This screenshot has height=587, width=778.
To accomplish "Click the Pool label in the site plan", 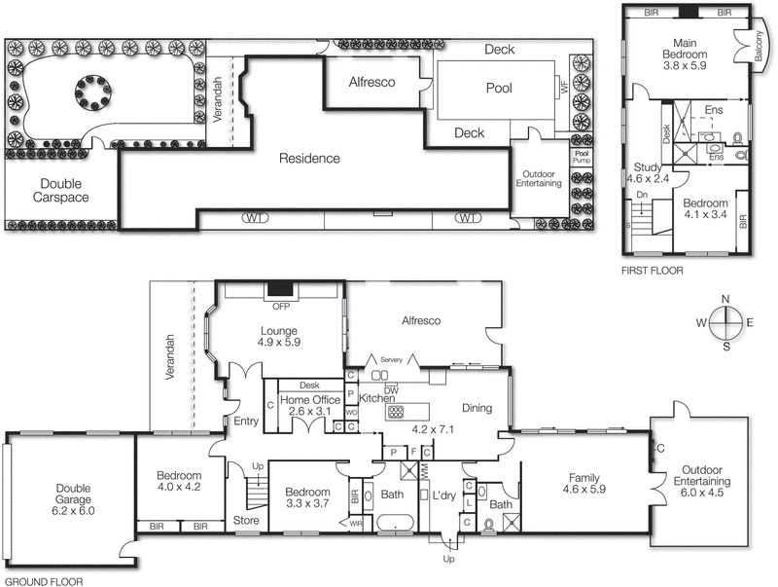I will (x=499, y=88).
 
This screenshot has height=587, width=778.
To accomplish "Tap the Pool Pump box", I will (x=582, y=156).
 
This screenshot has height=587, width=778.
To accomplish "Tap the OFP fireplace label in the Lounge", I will (x=280, y=303).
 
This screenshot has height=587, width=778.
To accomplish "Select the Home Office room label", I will (x=310, y=399).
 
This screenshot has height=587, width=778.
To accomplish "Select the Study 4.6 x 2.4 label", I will (x=648, y=172).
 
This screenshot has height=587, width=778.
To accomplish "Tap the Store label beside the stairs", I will (x=246, y=521).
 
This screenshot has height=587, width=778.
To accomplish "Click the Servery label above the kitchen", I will (x=391, y=359).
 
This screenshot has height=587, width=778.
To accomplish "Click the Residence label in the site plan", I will (x=309, y=158).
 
